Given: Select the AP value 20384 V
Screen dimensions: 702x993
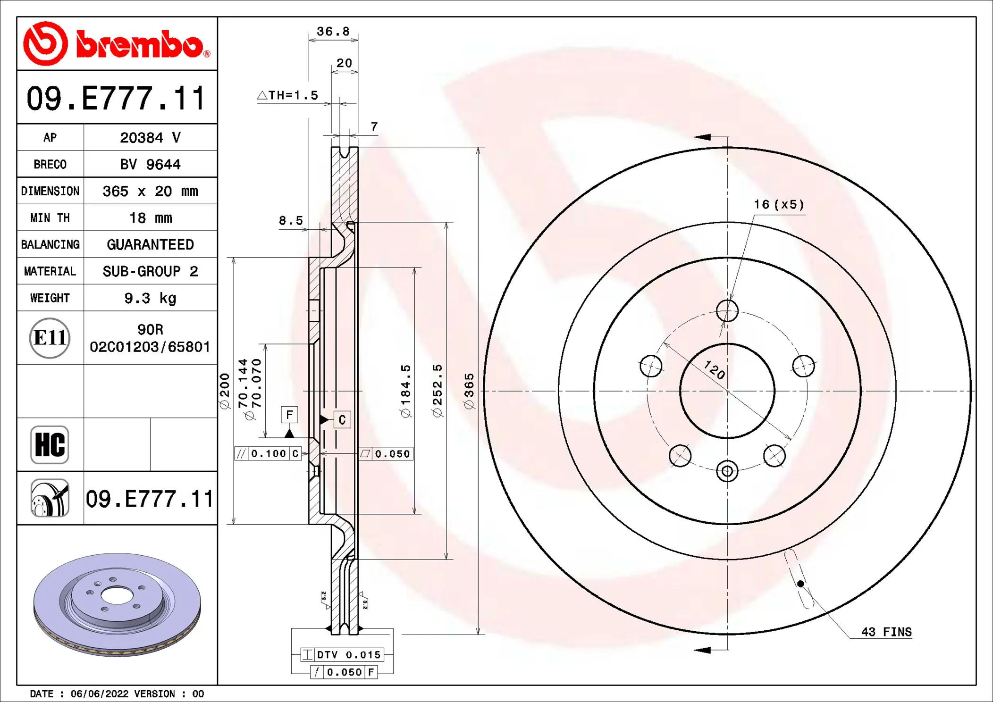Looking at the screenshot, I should coord(150,138).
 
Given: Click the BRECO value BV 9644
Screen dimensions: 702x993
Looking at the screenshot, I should coord(150,165).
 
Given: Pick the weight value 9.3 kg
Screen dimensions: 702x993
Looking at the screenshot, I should coord(150,298).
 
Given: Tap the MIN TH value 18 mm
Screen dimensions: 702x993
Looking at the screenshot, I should coord(150,218).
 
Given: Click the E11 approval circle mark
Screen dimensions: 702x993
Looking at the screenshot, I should coord(50,338).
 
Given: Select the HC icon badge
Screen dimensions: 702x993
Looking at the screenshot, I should coord(50,445).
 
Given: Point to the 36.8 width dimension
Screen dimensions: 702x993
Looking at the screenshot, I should coord(333,32).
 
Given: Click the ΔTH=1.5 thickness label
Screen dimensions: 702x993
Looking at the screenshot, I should coord(288,95).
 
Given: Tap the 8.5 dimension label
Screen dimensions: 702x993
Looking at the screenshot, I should coord(291,221).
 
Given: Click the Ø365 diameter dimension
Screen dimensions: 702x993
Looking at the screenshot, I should coord(469,391).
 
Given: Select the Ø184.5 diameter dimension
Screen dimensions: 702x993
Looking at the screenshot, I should coord(405,391).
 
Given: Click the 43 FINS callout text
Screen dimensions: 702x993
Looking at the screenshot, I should coord(886,632).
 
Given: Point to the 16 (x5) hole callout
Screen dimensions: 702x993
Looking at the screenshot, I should coord(779,205).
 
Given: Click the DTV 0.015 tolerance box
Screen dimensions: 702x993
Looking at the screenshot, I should coord(342,655).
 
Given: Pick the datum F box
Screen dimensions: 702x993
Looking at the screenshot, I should coord(289,415).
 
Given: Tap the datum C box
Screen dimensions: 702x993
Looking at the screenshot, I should coord(342,419).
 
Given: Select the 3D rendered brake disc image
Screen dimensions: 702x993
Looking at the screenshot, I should coord(117,604).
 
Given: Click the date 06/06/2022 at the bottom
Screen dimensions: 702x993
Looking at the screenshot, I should coord(99,694).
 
